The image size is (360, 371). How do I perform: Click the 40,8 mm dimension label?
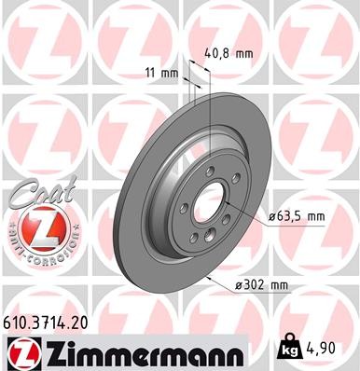click(228, 53)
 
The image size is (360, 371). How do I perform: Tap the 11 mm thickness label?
click(160, 72)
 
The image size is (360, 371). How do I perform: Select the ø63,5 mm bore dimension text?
click(296, 216)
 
